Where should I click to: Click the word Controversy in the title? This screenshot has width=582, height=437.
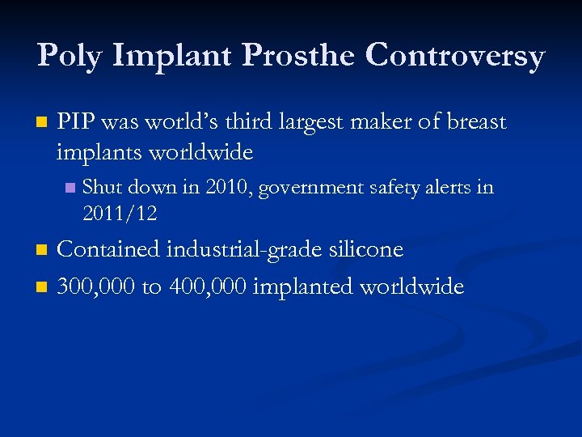(x=455, y=57)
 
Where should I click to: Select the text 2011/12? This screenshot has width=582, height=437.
(x=120, y=214)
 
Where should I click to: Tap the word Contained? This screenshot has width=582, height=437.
(x=108, y=249)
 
